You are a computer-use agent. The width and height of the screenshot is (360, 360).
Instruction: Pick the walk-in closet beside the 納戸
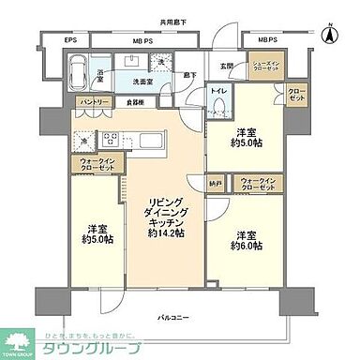pyautogui.click(x=258, y=184)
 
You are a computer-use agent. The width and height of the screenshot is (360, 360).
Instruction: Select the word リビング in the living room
pyautogui.click(x=162, y=201)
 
